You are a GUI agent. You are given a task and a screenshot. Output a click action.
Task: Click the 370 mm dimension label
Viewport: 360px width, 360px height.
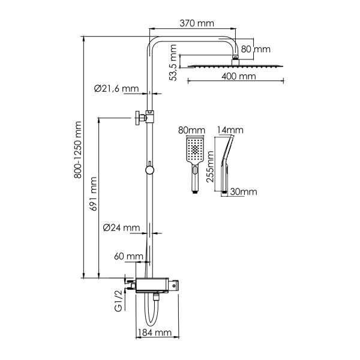197,23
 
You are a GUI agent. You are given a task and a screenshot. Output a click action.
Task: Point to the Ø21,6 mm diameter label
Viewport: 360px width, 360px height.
116,89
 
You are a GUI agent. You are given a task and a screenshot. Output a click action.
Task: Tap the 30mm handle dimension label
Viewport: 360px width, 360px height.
244,192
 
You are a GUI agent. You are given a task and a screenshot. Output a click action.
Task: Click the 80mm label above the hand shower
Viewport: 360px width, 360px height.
191,130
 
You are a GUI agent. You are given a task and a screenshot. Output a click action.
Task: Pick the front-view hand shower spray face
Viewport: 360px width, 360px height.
195,149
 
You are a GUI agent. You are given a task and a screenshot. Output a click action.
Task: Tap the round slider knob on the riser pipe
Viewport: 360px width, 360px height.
149,170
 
